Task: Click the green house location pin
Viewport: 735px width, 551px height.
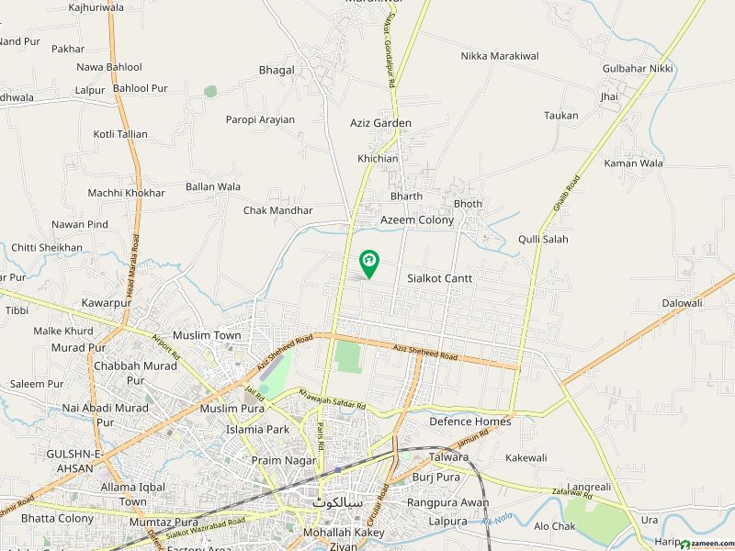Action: (368, 264)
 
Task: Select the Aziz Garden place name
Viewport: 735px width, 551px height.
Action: (380, 123)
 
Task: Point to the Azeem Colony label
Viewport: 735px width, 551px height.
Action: (417, 221)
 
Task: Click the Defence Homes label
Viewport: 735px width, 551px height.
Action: (469, 422)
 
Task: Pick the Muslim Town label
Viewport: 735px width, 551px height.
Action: (207, 336)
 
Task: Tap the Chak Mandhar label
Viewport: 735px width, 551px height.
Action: (277, 210)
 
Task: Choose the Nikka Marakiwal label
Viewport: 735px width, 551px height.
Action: (500, 56)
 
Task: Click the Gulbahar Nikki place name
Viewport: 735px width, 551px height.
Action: (638, 69)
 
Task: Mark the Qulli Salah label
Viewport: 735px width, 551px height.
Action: (543, 240)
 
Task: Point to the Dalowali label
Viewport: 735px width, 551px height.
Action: (682, 303)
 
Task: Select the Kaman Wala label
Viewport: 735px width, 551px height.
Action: (633, 163)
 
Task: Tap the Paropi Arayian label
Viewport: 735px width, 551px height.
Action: (260, 119)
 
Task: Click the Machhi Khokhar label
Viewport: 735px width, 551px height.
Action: (126, 193)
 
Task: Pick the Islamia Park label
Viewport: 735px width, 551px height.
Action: (257, 429)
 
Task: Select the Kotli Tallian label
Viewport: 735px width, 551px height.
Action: (119, 134)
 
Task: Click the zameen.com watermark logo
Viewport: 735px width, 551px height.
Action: (703, 544)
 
